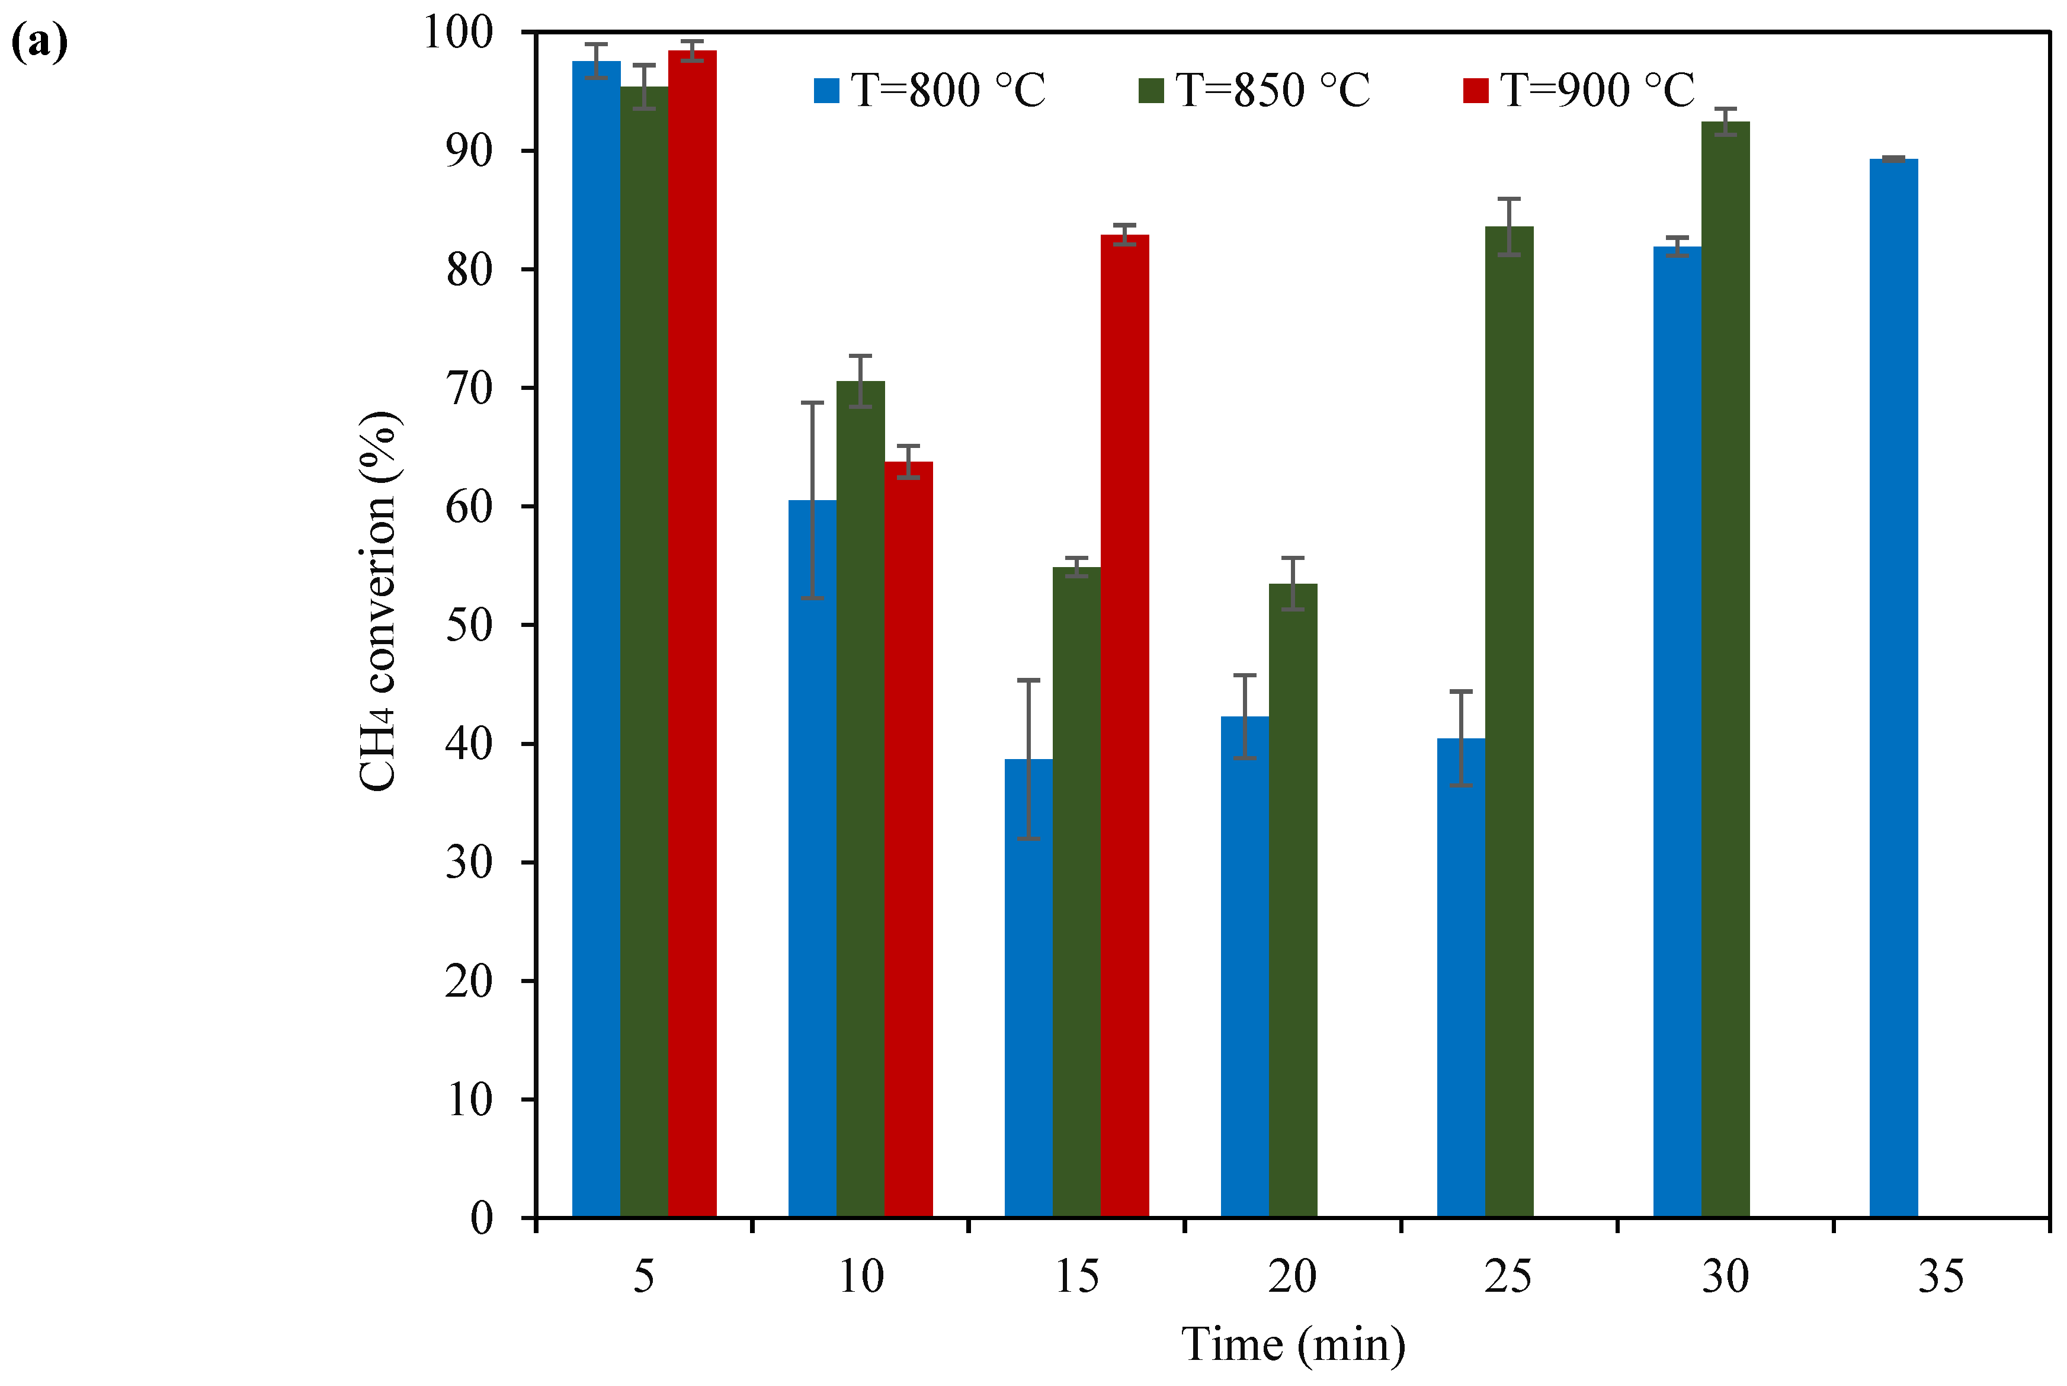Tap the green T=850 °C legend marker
(1150, 90)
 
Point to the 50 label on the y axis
(469, 626)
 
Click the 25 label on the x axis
(1508, 1276)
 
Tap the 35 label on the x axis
(1941, 1276)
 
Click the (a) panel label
(39, 43)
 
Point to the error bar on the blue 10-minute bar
(812, 500)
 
